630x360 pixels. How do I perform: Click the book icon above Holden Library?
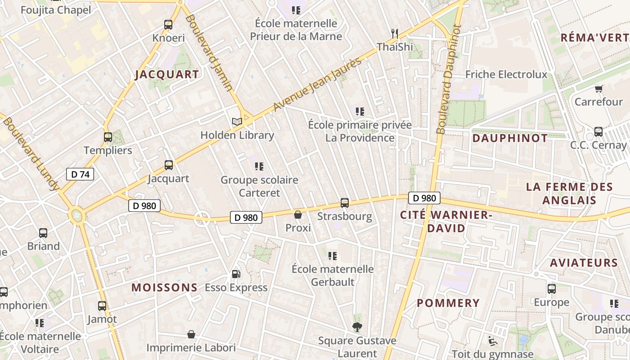(x=237, y=121)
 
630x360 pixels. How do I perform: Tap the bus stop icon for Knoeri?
(x=168, y=25)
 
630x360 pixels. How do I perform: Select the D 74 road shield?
(x=80, y=174)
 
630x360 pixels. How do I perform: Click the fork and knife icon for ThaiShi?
(x=395, y=33)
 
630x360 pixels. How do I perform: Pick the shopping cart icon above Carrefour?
(x=598, y=89)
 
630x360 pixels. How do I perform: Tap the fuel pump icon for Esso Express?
(x=236, y=274)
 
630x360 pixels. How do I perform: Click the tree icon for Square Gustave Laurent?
(x=357, y=327)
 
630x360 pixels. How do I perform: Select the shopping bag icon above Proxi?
(x=298, y=215)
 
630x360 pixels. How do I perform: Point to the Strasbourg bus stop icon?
(x=345, y=203)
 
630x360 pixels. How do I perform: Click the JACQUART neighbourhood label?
(x=167, y=75)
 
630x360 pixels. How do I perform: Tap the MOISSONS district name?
(x=164, y=288)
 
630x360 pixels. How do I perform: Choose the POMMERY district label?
(x=448, y=303)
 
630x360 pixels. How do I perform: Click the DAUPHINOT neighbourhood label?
(x=510, y=138)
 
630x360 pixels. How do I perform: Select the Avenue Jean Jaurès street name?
(x=317, y=85)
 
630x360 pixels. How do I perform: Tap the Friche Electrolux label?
(x=506, y=74)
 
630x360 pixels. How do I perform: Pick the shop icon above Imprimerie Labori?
(x=191, y=334)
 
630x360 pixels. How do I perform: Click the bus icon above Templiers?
(x=108, y=137)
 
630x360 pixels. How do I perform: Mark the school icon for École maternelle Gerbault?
(x=333, y=256)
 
